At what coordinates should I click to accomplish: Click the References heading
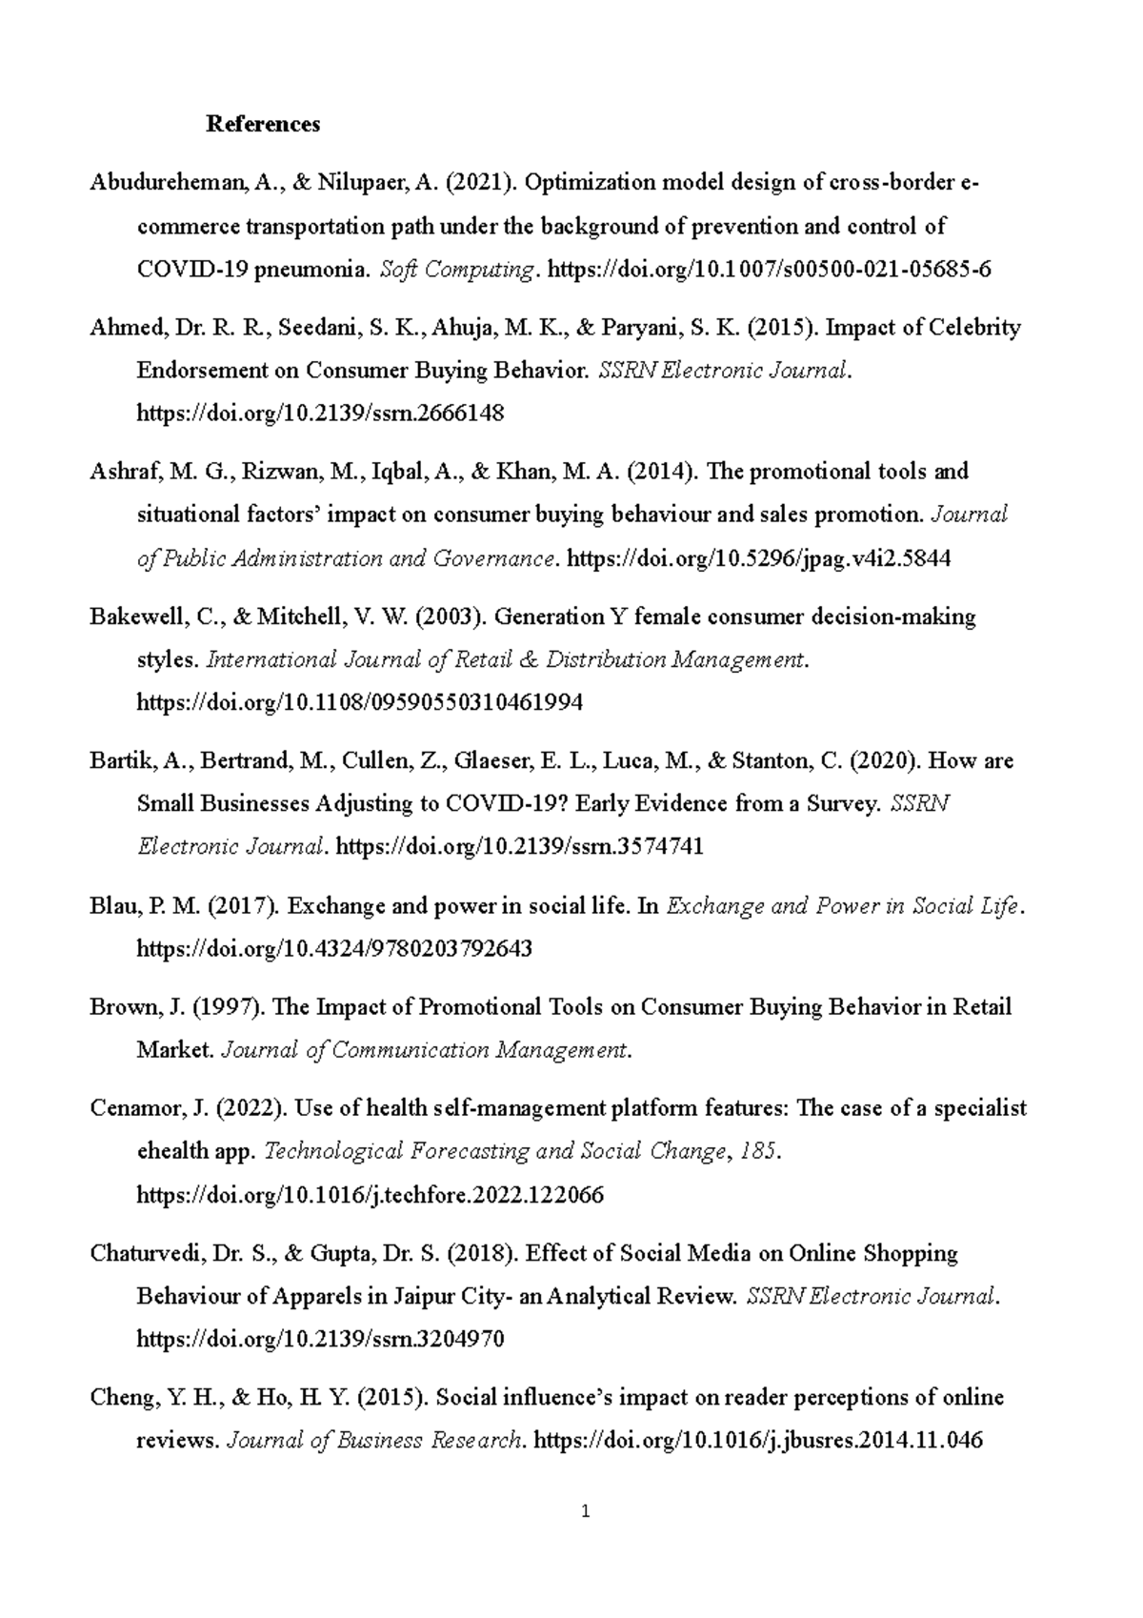[x=263, y=124]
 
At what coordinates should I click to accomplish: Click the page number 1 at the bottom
[x=586, y=1511]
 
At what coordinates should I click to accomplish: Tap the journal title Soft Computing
[x=456, y=270]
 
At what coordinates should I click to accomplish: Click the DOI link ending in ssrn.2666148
[x=320, y=414]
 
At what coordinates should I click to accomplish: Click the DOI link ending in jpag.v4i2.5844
[x=758, y=558]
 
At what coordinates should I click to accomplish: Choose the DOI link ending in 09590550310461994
[x=360, y=703]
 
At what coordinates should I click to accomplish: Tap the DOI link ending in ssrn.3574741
[x=520, y=847]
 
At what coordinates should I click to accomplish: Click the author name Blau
[x=111, y=906]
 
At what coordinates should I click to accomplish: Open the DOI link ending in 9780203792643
[x=334, y=949]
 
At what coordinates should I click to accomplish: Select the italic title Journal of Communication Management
[x=425, y=1050]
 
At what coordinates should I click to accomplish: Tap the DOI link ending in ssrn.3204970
[x=320, y=1339]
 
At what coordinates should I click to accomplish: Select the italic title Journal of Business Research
[x=373, y=1441]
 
